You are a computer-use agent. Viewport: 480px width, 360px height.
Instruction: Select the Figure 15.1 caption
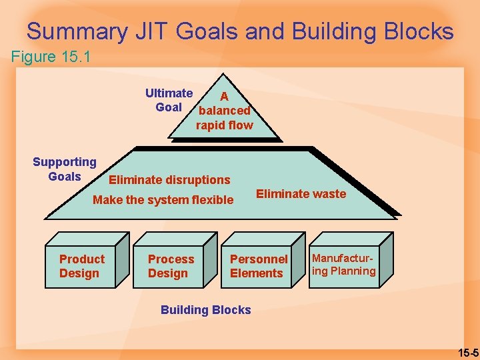[x=51, y=57]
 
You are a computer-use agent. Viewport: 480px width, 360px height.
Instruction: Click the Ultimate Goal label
[x=169, y=100]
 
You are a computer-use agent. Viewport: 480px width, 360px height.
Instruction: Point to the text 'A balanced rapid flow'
[x=224, y=111]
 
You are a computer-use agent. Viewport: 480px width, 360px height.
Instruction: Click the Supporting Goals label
[x=65, y=169]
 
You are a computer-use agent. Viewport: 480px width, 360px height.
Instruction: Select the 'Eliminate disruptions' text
[x=169, y=179]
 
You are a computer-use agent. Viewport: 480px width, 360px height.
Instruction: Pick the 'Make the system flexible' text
[x=163, y=200]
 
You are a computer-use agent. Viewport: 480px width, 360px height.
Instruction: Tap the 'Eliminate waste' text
[x=301, y=194]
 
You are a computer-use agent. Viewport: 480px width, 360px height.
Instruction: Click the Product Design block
[x=82, y=266]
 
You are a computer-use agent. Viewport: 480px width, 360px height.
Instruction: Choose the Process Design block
[x=171, y=266]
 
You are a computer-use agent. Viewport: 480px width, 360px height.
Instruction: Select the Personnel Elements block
[x=259, y=266]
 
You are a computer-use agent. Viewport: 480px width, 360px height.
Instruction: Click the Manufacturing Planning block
[x=344, y=265]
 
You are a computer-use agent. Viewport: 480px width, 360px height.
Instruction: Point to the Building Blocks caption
[x=206, y=309]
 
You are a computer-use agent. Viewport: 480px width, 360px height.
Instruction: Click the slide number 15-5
[x=467, y=351]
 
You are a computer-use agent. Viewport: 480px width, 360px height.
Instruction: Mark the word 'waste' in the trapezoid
[x=329, y=194]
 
